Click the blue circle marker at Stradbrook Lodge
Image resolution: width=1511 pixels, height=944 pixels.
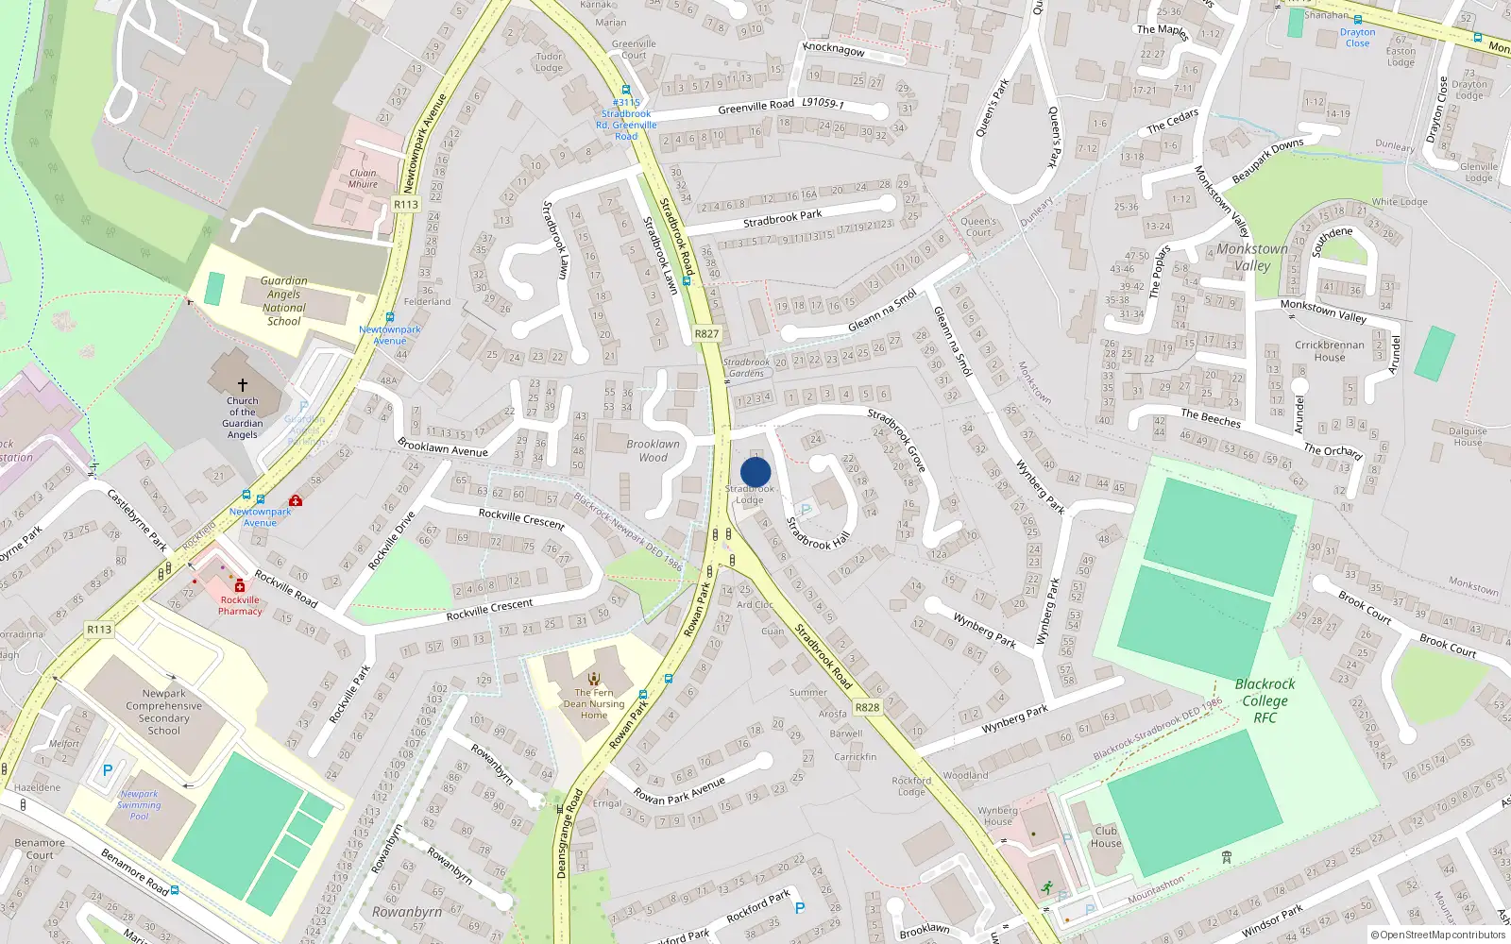click(755, 472)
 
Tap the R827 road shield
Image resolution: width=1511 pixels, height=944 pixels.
click(706, 333)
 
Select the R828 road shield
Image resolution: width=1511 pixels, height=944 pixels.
click(867, 707)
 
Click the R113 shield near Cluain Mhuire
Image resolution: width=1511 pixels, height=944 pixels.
click(406, 204)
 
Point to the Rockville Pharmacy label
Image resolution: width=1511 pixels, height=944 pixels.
click(240, 605)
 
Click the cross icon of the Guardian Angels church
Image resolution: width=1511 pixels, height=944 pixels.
click(243, 385)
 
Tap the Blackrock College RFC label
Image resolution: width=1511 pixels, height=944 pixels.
click(1265, 700)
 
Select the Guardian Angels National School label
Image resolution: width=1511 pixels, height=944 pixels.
click(284, 301)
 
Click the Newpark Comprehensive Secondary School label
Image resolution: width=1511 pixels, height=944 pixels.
click(164, 712)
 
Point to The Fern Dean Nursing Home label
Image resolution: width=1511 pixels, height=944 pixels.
click(594, 703)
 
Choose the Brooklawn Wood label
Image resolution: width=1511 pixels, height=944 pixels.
click(653, 450)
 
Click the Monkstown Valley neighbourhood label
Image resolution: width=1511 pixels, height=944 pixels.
click(1252, 257)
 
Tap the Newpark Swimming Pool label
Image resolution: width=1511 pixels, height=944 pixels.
click(139, 804)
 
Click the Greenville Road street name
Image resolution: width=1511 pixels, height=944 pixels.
click(755, 107)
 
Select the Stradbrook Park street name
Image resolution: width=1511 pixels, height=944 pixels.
click(782, 219)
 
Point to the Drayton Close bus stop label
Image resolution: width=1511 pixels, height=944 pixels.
click(1357, 38)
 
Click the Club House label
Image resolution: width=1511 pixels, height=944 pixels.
click(1106, 837)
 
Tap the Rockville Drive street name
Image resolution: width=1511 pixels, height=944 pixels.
click(391, 541)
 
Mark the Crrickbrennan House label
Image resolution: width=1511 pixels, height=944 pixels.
click(1329, 351)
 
